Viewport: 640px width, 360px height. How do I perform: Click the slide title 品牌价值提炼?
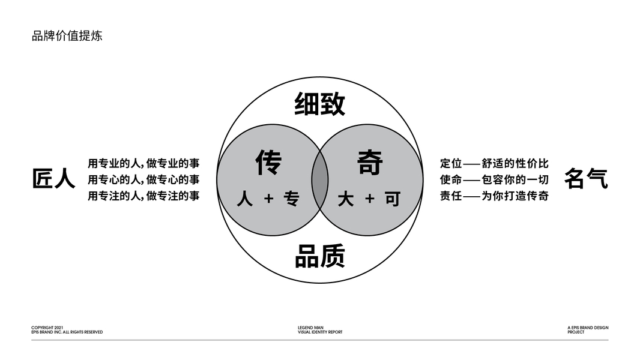coord(67,35)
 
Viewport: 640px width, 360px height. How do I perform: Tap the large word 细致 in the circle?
coord(319,104)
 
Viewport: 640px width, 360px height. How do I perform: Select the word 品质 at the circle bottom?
coord(319,256)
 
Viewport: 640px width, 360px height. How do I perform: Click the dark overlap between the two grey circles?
coord(319,180)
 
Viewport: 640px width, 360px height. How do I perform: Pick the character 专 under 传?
coord(292,199)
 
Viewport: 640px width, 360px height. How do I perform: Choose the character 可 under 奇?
coord(393,199)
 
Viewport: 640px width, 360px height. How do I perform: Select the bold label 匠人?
coord(53,179)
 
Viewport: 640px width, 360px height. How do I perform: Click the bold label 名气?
coord(586,179)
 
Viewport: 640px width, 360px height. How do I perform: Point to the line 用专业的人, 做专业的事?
coord(143,163)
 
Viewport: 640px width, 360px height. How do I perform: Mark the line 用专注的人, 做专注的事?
coord(143,196)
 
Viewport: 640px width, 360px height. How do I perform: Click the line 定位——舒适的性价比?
coord(494,163)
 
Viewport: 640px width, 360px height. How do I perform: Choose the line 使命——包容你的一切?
coord(494,179)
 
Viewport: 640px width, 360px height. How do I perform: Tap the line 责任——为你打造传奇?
coord(494,196)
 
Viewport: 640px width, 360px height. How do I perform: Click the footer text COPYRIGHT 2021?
coord(47,328)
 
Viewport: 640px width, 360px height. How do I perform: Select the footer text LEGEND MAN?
coord(310,328)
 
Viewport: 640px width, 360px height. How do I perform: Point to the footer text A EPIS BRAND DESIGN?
coord(588,328)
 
